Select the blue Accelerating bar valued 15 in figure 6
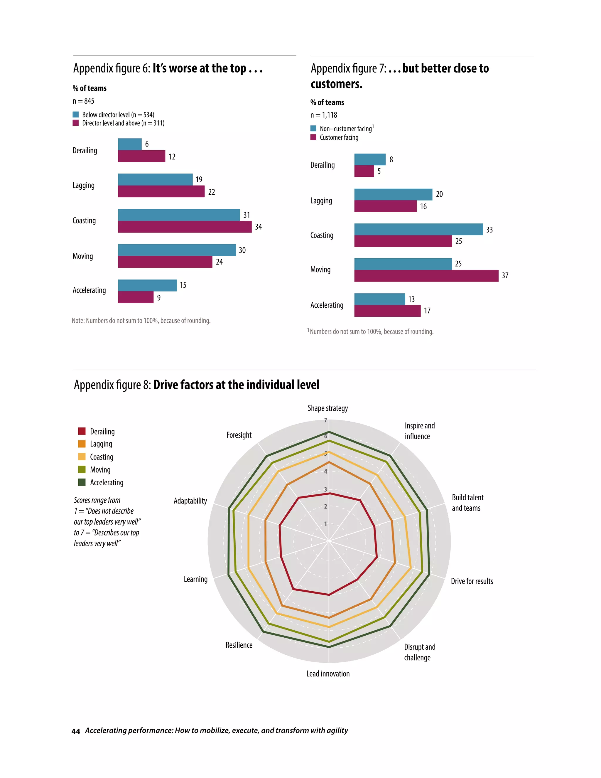[x=147, y=285]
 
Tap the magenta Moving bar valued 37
[x=426, y=276]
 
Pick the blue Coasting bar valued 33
[x=418, y=229]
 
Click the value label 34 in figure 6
[x=259, y=227]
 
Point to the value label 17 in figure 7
[x=427, y=311]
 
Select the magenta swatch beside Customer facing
[x=313, y=137]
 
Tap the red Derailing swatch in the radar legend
[x=82, y=431]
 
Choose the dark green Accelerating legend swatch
[x=82, y=482]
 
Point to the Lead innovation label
[x=328, y=673]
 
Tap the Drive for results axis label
[x=472, y=581]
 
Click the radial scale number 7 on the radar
[x=325, y=420]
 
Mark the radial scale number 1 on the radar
[x=325, y=524]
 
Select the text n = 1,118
[x=324, y=115]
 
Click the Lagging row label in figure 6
[x=84, y=186]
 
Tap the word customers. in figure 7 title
[x=337, y=84]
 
